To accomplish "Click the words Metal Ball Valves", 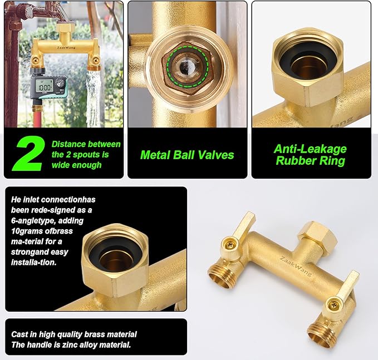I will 187,155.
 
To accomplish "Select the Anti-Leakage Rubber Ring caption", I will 310,155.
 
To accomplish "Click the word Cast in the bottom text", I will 20,334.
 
